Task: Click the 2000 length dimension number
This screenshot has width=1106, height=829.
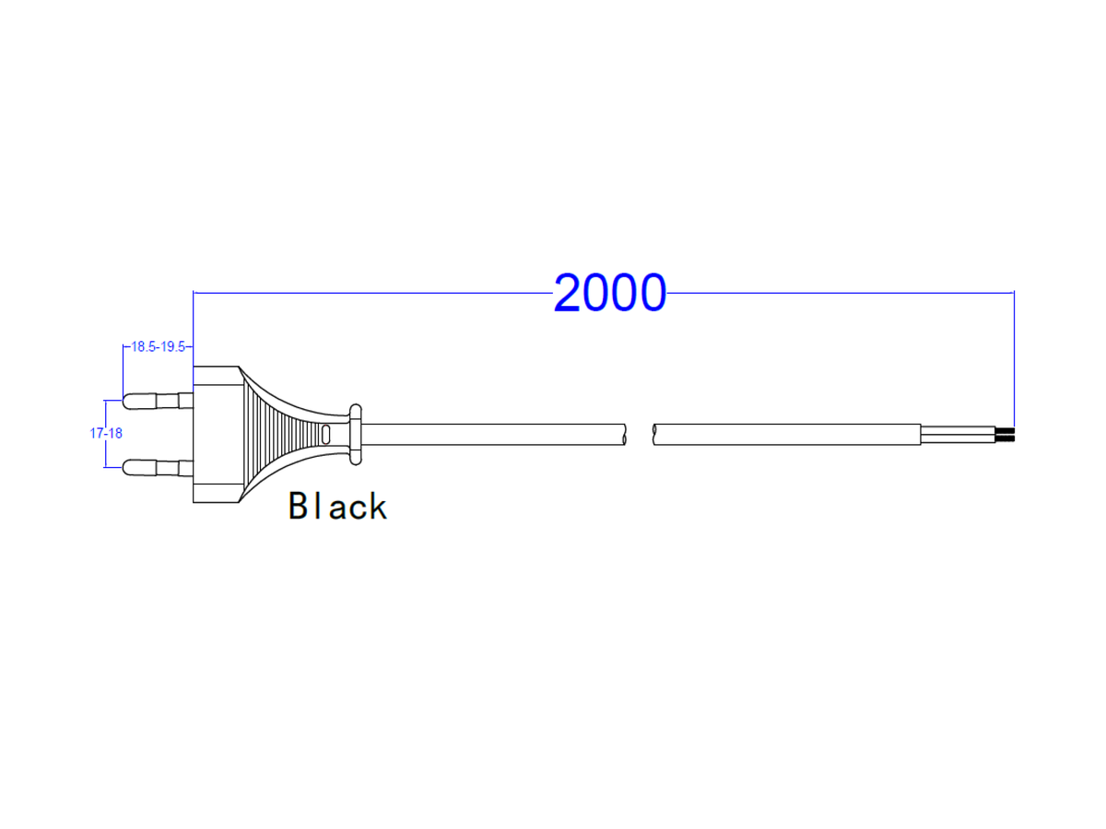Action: tap(609, 293)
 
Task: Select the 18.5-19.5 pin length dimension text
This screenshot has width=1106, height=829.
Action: tap(159, 347)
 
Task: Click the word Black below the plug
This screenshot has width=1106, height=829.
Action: tap(337, 506)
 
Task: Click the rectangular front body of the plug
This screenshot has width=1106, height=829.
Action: tap(215, 434)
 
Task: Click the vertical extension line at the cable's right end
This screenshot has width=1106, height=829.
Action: tap(1014, 359)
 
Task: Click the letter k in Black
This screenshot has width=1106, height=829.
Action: tap(377, 506)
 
